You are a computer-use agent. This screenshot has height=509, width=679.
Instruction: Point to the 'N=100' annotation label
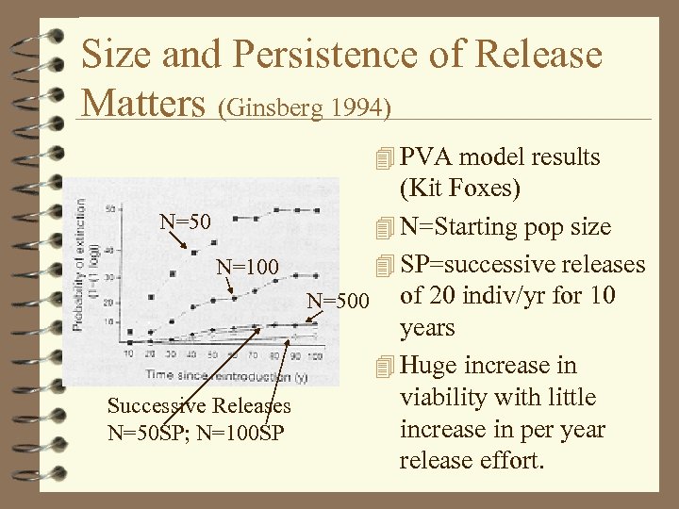click(x=247, y=268)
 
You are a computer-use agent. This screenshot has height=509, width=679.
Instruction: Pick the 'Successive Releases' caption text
click(x=199, y=406)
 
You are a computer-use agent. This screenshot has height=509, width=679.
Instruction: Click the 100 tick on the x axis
click(x=314, y=356)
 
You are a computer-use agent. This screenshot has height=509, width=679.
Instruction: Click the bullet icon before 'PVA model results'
click(x=381, y=158)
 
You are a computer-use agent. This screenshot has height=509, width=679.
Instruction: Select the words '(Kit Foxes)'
click(x=459, y=189)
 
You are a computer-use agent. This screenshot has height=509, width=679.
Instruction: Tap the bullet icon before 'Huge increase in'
click(x=381, y=367)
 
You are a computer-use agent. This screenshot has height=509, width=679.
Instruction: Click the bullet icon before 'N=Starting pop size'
click(x=381, y=228)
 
